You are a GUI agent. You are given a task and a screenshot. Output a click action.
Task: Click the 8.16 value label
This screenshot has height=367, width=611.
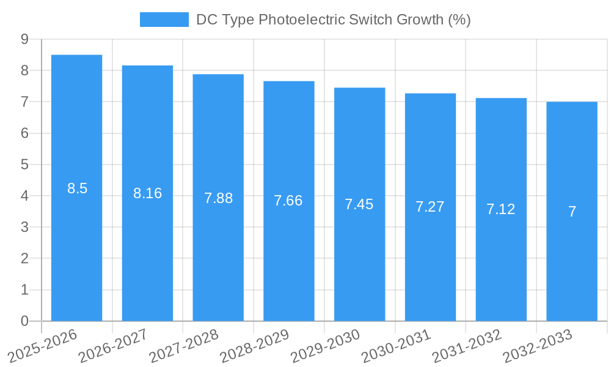point(147,193)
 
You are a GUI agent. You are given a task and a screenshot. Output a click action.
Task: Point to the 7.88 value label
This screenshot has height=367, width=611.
point(218,198)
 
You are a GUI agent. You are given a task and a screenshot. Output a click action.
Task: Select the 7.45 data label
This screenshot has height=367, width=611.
point(359,204)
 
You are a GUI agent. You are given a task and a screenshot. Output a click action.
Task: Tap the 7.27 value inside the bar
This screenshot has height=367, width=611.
point(430,207)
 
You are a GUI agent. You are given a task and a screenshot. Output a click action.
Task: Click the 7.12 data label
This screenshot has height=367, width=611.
point(501,209)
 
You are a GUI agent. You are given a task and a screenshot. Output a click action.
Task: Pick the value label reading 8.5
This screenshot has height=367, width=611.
point(77,188)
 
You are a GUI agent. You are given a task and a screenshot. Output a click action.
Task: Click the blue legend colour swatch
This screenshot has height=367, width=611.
point(164,20)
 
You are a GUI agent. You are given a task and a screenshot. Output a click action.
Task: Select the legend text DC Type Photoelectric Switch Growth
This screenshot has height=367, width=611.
point(333,20)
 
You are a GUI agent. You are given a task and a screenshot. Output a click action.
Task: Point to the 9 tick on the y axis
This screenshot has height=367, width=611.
point(24,39)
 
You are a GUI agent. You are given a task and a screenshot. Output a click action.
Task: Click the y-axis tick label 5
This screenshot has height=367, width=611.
point(24,165)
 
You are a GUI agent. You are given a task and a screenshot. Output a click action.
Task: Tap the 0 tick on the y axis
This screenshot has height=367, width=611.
point(24,321)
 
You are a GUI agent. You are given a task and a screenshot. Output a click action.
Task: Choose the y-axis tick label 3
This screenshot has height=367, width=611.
point(24,228)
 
